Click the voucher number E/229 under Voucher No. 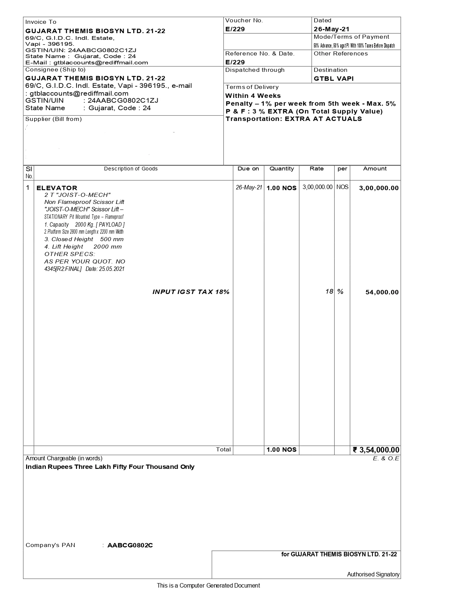(235, 29)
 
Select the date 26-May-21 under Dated (331, 29)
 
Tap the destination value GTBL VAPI (333, 79)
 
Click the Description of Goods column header (130, 169)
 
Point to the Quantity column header (281, 169)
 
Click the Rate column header (316, 169)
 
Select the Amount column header (375, 169)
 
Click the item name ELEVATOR (57, 188)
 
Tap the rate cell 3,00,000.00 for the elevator (317, 187)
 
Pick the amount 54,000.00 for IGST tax (382, 292)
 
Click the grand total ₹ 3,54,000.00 (376, 450)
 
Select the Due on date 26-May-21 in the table (249, 188)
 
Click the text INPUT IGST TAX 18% (191, 292)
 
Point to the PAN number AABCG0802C (130, 546)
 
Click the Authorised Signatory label (373, 575)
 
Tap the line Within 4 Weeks (253, 96)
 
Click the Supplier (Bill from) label (54, 119)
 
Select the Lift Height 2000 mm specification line (83, 247)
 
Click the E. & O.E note (386, 458)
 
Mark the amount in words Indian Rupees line (110, 467)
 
